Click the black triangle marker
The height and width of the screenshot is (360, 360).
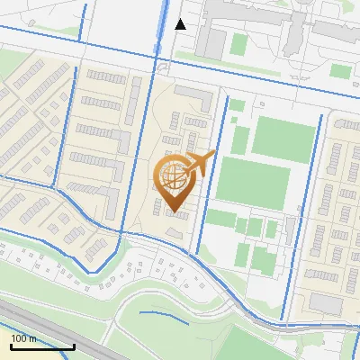pyautogui.click(x=181, y=24)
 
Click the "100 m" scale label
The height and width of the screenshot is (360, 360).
pyautogui.click(x=24, y=338)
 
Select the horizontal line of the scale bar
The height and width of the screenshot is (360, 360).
pyautogui.click(x=42, y=346)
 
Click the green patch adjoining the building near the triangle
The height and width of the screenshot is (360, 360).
pyautogui.click(x=238, y=43)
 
